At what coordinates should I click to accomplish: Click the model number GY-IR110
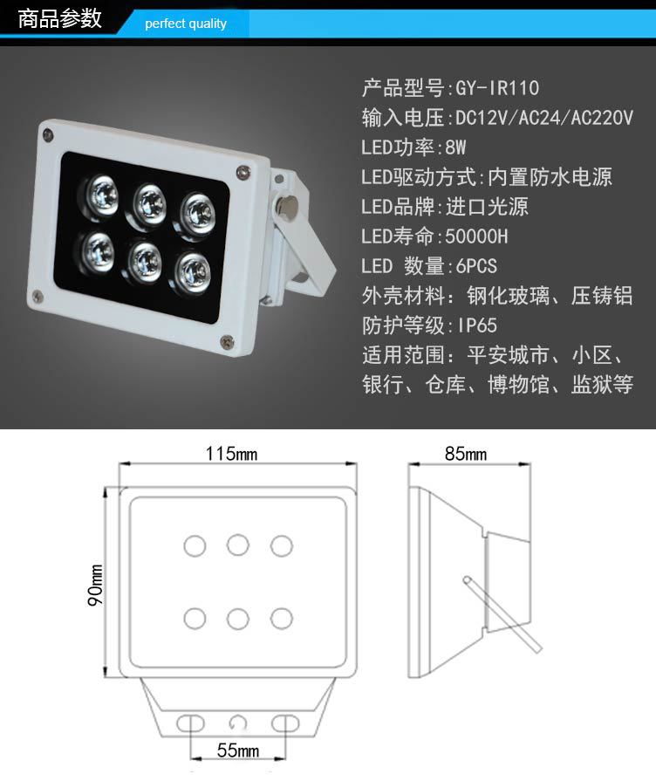pyautogui.click(x=497, y=88)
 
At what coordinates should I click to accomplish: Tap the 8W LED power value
pyautogui.click(x=455, y=147)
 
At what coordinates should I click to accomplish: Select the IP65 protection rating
pyautogui.click(x=477, y=325)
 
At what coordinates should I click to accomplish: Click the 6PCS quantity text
pyautogui.click(x=476, y=266)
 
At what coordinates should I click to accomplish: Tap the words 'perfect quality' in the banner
pyautogui.click(x=186, y=24)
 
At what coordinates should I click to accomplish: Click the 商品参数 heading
pyautogui.click(x=59, y=18)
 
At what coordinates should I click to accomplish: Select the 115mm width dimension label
pyautogui.click(x=232, y=453)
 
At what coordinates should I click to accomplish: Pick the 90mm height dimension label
pyautogui.click(x=96, y=585)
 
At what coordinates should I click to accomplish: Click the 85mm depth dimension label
pyautogui.click(x=466, y=453)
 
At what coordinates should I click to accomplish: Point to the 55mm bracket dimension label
pyautogui.click(x=238, y=750)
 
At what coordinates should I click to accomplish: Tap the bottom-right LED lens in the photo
pyautogui.click(x=194, y=272)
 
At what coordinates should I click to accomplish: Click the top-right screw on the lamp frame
pyautogui.click(x=243, y=172)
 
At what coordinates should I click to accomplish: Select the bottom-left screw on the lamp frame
pyautogui.click(x=37, y=296)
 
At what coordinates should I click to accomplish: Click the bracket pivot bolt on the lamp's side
pyautogui.click(x=286, y=204)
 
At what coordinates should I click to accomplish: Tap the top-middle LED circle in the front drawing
pyautogui.click(x=238, y=545)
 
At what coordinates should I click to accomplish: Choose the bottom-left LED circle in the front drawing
pyautogui.click(x=195, y=619)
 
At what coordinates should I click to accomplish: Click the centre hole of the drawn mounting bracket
pyautogui.click(x=238, y=723)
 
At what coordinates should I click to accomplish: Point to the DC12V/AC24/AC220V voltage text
pyautogui.click(x=544, y=118)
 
